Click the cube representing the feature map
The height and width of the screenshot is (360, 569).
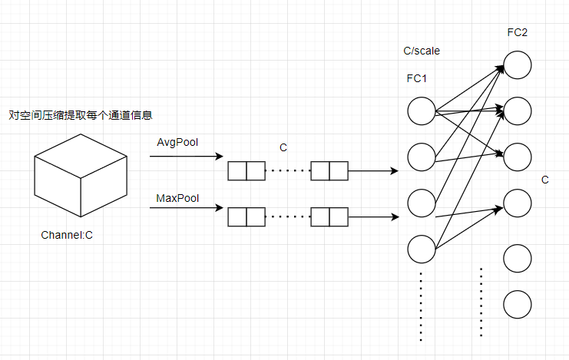click(80, 174)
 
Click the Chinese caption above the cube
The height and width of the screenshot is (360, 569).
click(81, 115)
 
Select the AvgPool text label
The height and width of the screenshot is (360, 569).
click(177, 143)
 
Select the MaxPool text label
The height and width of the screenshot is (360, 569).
click(177, 198)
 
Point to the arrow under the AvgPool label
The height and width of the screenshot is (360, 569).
click(185, 157)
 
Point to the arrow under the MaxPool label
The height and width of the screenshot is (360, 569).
click(185, 207)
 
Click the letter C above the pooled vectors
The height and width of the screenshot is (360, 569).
click(283, 146)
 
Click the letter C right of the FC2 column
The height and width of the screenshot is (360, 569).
click(544, 180)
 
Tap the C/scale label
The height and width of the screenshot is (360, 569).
click(422, 51)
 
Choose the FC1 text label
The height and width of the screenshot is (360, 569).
click(417, 78)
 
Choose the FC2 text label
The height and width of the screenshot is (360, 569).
click(517, 33)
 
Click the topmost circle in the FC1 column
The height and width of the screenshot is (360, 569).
click(422, 111)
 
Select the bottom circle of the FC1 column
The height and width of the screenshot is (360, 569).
click(422, 249)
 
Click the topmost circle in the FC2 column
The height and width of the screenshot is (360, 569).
click(518, 64)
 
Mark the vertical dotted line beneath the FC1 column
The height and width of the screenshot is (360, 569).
click(422, 306)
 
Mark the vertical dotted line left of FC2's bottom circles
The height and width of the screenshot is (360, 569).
click(481, 302)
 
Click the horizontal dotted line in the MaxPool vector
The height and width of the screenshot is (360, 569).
click(287, 217)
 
